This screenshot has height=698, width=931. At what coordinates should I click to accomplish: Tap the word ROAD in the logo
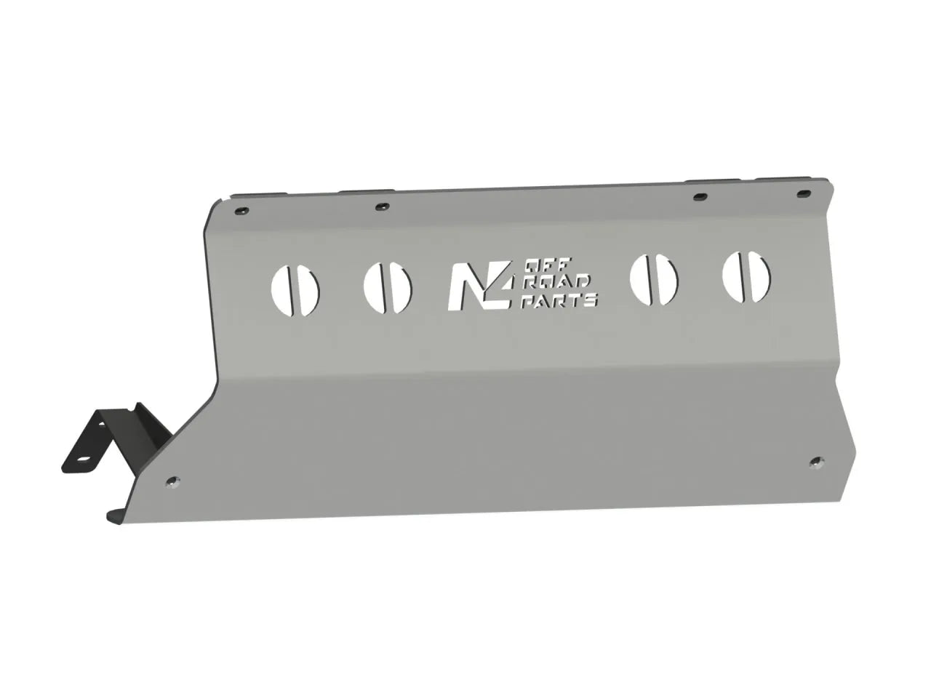point(556,283)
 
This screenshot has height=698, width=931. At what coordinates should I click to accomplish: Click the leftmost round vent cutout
point(295,289)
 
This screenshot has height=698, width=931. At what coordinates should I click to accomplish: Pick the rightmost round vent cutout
point(746,277)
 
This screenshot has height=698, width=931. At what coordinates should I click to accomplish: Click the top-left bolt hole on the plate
point(241,211)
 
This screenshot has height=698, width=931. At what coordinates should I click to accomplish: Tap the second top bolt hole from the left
point(380,207)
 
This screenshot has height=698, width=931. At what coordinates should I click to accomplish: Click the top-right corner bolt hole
point(803,195)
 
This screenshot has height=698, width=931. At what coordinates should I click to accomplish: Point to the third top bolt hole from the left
point(700,198)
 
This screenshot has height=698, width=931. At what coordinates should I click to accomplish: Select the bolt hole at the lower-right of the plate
point(817,462)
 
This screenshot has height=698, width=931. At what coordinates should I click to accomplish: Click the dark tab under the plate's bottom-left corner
point(115,516)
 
